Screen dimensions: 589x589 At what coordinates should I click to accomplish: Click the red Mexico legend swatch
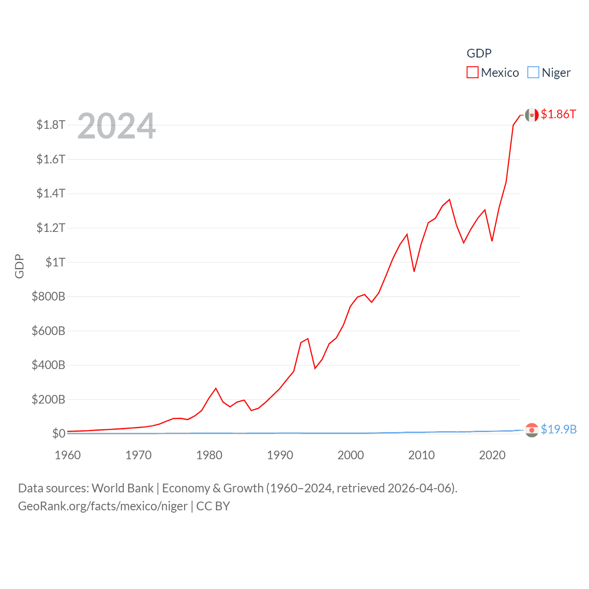click(x=473, y=73)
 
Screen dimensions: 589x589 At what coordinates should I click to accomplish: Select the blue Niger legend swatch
click(x=533, y=73)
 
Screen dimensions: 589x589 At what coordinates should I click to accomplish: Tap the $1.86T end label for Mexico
click(x=558, y=114)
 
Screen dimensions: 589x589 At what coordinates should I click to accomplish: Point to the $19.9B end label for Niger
click(x=559, y=429)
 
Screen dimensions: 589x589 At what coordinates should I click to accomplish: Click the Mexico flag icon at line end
click(x=531, y=115)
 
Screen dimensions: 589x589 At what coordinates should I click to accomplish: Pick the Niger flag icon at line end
click(x=531, y=430)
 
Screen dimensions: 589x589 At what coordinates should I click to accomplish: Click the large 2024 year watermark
click(x=116, y=126)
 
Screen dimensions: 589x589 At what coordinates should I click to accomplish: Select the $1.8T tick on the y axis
click(x=51, y=125)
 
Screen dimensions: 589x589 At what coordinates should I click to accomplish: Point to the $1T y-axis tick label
click(x=55, y=262)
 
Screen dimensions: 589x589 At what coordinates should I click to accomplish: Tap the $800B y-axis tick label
click(x=48, y=296)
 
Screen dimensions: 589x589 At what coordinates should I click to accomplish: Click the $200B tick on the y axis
click(x=48, y=399)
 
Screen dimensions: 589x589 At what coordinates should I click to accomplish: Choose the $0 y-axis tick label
click(x=58, y=433)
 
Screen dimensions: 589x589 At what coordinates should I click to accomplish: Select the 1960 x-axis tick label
click(x=68, y=455)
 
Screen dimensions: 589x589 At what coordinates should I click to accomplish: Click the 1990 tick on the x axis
click(x=280, y=455)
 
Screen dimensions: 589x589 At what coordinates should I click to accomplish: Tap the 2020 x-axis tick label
click(x=492, y=455)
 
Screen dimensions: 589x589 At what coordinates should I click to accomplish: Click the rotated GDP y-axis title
click(x=19, y=266)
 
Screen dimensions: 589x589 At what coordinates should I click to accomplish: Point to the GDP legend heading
click(x=479, y=53)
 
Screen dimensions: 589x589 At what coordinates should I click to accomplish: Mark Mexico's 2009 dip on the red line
click(x=414, y=271)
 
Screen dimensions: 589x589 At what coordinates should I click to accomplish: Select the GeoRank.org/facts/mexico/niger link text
click(x=103, y=506)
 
